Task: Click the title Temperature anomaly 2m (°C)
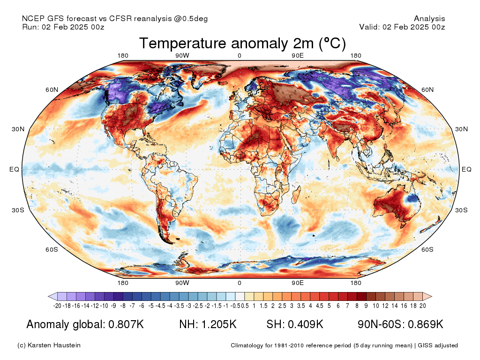click(242, 44)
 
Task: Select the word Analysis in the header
click(429, 19)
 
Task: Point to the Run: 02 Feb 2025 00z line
click(63, 27)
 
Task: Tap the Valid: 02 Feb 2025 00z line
click(402, 27)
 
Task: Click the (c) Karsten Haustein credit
click(49, 345)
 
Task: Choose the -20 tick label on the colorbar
click(58, 306)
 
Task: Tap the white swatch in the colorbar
click(240, 296)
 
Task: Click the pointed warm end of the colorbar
click(427, 296)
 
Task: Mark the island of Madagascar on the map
click(296, 195)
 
